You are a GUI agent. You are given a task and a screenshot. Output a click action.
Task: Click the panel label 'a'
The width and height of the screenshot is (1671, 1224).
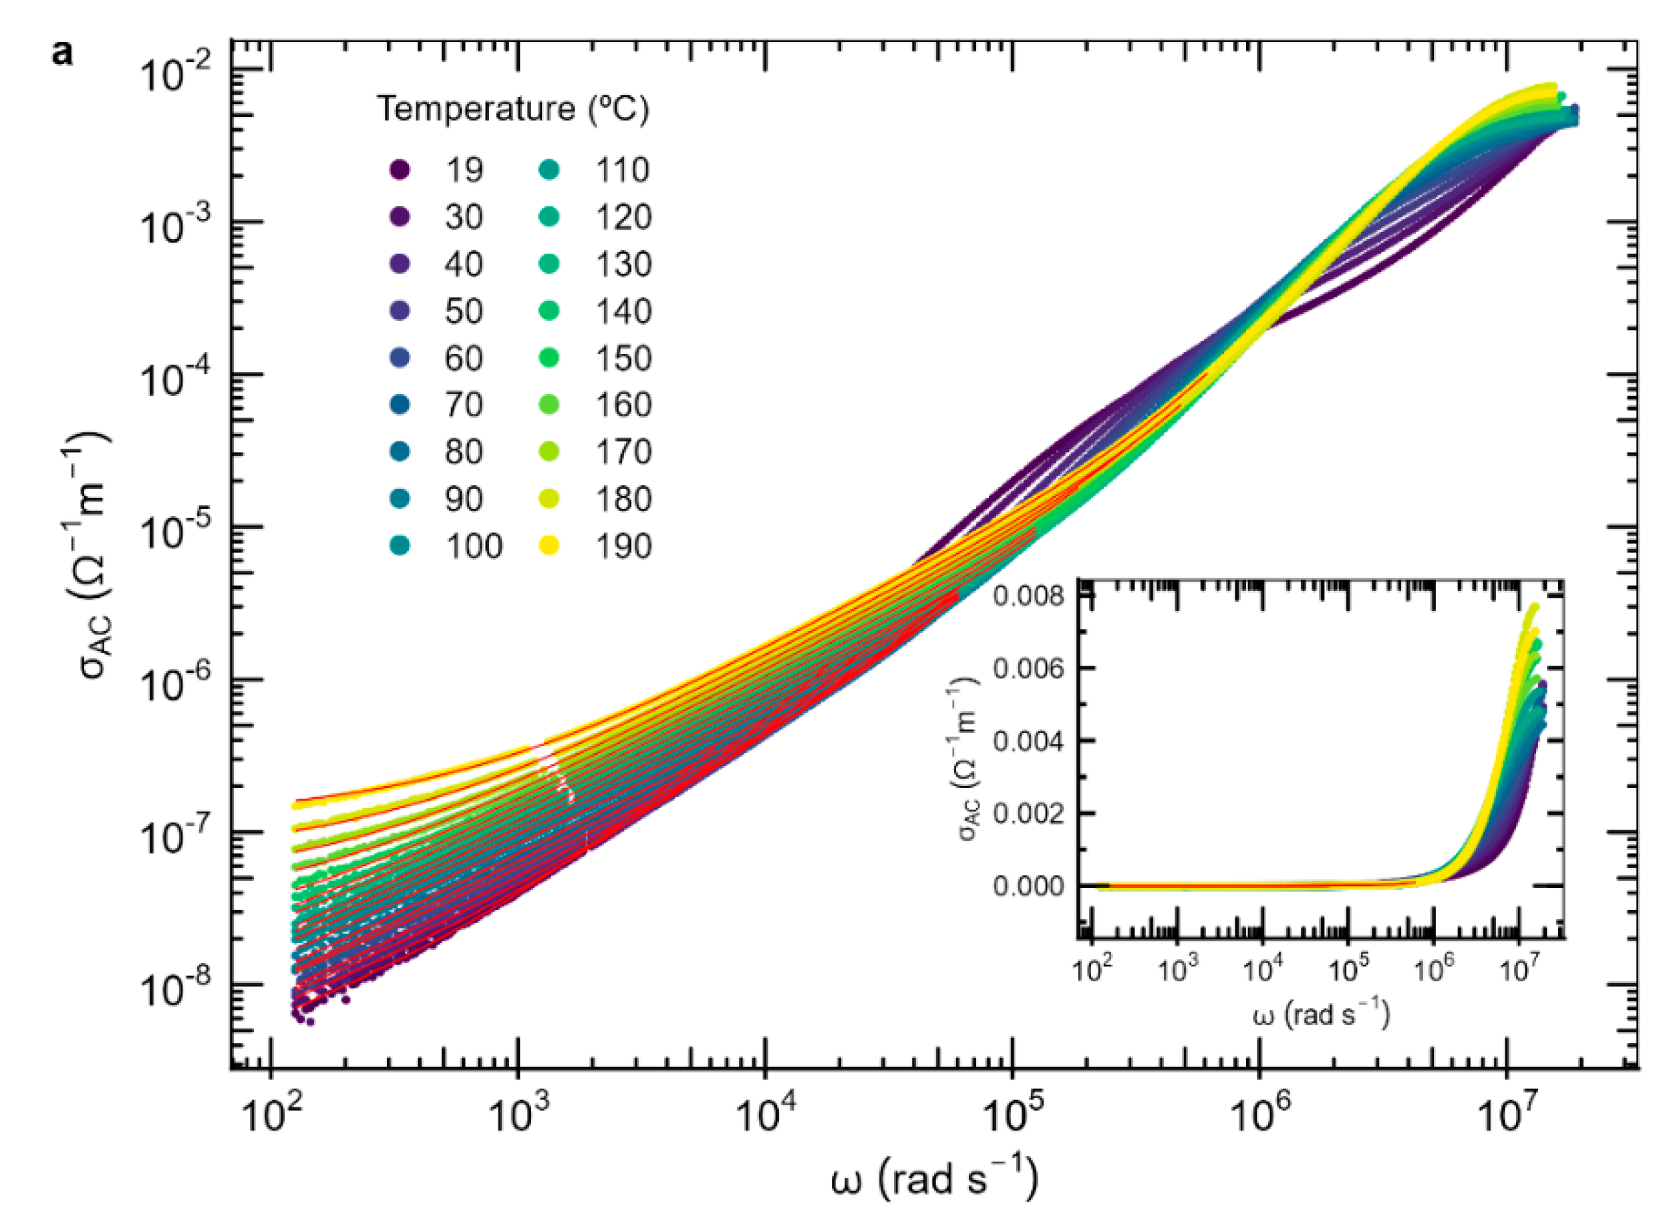[x=62, y=53]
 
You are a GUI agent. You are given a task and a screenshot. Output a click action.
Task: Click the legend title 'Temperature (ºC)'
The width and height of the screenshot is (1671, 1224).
[x=513, y=110]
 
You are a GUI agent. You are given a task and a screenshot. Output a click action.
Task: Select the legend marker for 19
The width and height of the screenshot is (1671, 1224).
[x=400, y=170]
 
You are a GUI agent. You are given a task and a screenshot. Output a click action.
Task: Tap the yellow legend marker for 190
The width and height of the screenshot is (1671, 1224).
[x=549, y=546]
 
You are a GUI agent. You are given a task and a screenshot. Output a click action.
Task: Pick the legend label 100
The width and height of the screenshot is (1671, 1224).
[x=474, y=546]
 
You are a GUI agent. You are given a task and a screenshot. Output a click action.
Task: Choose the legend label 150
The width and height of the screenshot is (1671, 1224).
[x=623, y=359]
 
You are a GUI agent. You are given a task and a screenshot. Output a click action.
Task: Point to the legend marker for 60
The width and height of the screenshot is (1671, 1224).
[x=400, y=359]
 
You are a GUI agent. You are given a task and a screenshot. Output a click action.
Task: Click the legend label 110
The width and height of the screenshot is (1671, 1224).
[x=623, y=170]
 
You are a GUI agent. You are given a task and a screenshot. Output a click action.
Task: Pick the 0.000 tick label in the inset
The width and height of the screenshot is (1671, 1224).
[x=1028, y=885]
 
